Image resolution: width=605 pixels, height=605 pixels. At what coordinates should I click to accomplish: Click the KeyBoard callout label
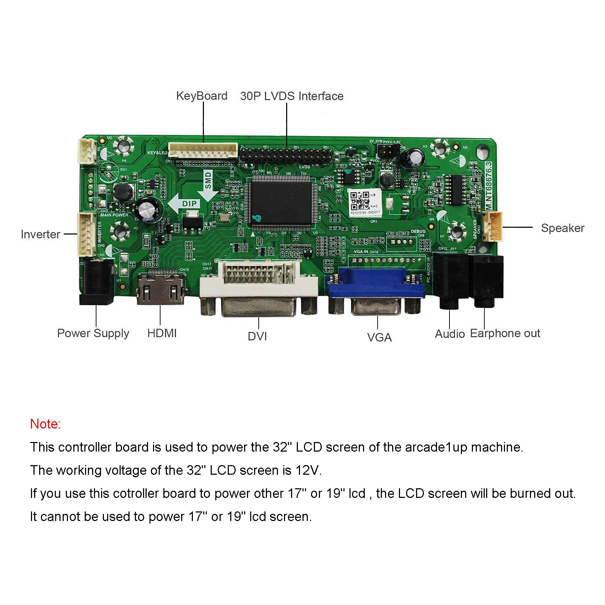[201, 96]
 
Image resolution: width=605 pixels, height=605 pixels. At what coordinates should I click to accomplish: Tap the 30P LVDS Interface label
[291, 96]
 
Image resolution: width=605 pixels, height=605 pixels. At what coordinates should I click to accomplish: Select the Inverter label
[40, 234]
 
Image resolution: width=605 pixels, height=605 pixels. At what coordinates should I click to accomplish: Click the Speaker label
[562, 228]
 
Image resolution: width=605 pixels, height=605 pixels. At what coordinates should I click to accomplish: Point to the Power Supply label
[93, 333]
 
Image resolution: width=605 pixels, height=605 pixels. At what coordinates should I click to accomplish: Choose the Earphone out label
[505, 333]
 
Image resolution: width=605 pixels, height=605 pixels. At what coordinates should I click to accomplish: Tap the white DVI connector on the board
[259, 281]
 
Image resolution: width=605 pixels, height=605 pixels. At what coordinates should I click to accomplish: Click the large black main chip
[281, 202]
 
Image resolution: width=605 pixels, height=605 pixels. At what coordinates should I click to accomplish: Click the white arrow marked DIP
[185, 204]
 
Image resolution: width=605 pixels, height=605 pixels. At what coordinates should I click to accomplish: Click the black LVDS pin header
[285, 155]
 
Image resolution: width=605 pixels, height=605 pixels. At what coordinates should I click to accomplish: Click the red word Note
[45, 424]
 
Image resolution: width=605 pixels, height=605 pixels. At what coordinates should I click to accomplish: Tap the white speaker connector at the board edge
[493, 227]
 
